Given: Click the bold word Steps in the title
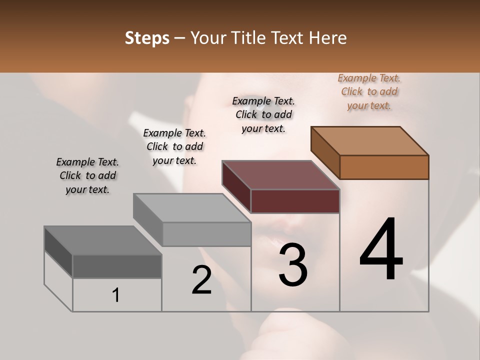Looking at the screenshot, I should tap(147, 38).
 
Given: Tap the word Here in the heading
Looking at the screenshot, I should tap(327, 38).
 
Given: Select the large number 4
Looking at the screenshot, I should tap(381, 250).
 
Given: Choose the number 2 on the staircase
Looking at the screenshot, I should tap(201, 280).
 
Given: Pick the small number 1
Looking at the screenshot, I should tap(116, 295).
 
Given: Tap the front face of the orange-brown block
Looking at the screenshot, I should tap(384, 167).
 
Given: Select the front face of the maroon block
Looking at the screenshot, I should tap(295, 201).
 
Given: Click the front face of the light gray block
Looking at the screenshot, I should tap(206, 234).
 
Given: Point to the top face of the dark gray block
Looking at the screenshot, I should tap(103, 240).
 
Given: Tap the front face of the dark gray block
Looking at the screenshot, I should tap(117, 266).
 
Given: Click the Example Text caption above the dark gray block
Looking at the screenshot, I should tap(87, 175).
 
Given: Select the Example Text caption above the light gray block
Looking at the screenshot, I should tap(174, 146).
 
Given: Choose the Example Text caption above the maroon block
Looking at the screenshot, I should tap(263, 114).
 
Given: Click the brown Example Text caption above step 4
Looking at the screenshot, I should tap(369, 91).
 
